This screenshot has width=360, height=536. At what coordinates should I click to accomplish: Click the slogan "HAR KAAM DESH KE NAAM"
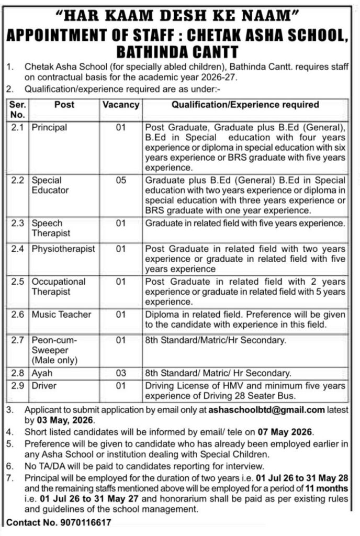click(180, 13)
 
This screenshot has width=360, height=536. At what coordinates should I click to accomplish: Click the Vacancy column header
click(121, 105)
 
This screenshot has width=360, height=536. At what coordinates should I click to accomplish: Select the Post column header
click(64, 105)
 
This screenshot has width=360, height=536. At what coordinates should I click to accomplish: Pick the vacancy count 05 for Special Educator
click(121, 180)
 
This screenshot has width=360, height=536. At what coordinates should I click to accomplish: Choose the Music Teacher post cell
click(61, 315)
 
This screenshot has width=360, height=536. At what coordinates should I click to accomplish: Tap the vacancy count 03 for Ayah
click(121, 373)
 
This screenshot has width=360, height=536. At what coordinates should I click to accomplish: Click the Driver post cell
click(44, 386)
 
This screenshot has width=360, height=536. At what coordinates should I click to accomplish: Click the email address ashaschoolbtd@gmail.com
click(266, 410)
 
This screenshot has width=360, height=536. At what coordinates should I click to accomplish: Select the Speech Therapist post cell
click(51, 228)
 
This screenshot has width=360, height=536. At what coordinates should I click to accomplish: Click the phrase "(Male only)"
click(54, 361)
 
